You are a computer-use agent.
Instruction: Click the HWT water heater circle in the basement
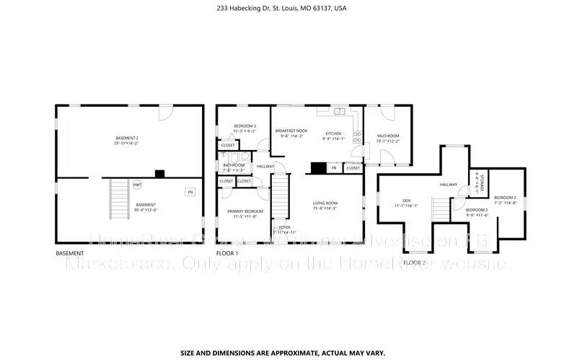[137, 185]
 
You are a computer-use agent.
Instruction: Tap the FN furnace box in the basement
[190, 192]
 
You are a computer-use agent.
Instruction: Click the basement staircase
[117, 200]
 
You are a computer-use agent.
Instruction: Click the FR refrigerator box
[333, 168]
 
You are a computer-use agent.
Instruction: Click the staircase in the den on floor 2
[440, 211]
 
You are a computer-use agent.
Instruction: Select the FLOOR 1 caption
[227, 254]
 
